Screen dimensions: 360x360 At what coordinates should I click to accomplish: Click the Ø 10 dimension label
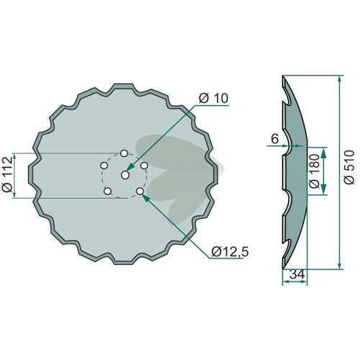click(213, 99)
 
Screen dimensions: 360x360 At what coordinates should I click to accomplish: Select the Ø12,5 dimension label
click(230, 252)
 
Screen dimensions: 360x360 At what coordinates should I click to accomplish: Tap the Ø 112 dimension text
click(7, 174)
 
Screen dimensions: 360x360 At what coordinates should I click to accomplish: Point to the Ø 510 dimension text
click(348, 167)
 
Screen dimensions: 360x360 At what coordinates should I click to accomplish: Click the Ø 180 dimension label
click(315, 171)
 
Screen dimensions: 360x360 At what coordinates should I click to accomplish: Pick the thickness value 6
click(275, 139)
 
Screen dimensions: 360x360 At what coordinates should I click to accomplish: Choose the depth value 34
click(297, 274)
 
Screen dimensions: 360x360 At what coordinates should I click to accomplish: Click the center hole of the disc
click(125, 175)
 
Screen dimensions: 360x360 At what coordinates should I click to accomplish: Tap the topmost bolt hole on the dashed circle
click(124, 153)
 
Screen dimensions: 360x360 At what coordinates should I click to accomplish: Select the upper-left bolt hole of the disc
click(104, 166)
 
